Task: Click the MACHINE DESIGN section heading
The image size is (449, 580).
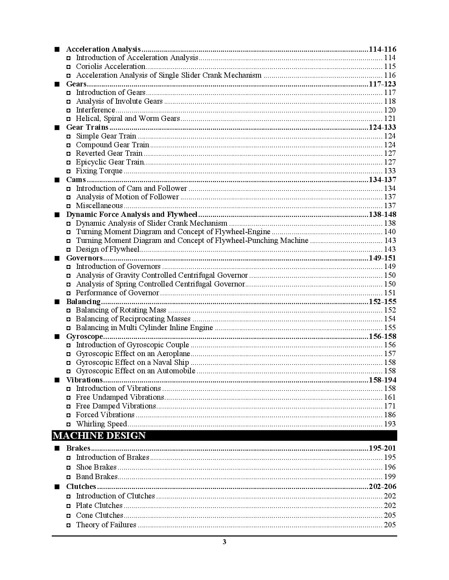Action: pyautogui.click(x=99, y=436)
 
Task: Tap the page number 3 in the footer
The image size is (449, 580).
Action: pyautogui.click(x=224, y=542)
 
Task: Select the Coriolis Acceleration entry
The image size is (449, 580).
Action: pyautogui.click(x=111, y=66)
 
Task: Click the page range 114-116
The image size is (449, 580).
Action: pyautogui.click(x=382, y=49)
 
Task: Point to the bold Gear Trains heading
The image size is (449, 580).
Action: pyautogui.click(x=87, y=127)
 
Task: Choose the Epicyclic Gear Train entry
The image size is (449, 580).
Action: pyautogui.click(x=110, y=162)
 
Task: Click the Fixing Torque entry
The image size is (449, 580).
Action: pyautogui.click(x=99, y=171)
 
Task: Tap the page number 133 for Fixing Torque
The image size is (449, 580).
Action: pyautogui.click(x=390, y=171)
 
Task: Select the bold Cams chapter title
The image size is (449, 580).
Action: pyautogui.click(x=76, y=180)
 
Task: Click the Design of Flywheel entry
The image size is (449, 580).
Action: pyautogui.click(x=108, y=249)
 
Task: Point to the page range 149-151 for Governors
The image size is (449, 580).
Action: pyautogui.click(x=382, y=258)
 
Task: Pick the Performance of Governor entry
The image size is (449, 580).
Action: pyautogui.click(x=118, y=293)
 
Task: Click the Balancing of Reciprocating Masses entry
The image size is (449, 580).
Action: pyautogui.click(x=133, y=319)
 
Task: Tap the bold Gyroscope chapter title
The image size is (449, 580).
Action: pyautogui.click(x=85, y=336)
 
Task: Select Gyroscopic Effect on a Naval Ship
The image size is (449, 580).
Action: pyautogui.click(x=132, y=362)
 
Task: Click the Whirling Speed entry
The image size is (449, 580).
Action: pyautogui.click(x=101, y=424)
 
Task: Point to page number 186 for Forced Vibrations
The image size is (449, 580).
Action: pyautogui.click(x=390, y=415)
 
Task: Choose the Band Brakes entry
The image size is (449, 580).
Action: pyautogui.click(x=97, y=477)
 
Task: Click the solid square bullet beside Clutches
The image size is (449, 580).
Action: pyautogui.click(x=57, y=487)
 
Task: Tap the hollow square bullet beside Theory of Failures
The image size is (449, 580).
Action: pyautogui.click(x=69, y=525)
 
